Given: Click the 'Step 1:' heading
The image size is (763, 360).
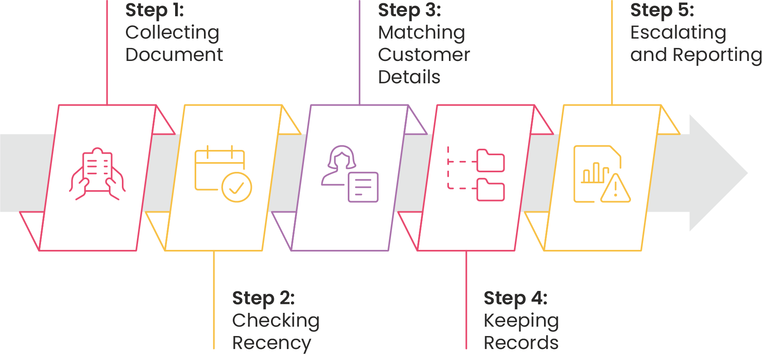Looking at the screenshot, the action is tap(154, 11).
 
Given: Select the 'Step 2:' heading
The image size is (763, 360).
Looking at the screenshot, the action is tap(263, 298).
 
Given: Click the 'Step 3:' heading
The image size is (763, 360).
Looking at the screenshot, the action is tap(409, 11).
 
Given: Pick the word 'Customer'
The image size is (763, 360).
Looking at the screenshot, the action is tap(424, 55).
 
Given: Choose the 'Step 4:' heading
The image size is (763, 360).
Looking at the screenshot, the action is tap(516, 298).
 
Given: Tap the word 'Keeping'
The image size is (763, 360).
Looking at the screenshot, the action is tap(521, 321).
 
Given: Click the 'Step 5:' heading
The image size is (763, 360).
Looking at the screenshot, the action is tap(662, 11).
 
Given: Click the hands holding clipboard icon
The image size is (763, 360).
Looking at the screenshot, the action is tap(98, 174).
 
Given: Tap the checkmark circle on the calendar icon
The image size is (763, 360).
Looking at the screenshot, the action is tap(237, 187).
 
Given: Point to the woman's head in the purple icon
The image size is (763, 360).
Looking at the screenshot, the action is tap(342, 158).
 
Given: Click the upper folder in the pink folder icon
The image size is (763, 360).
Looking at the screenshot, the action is tap(491, 160).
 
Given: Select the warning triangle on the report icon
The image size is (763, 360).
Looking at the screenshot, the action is tap(616, 188).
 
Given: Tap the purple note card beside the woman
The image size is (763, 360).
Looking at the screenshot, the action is tap(363, 187).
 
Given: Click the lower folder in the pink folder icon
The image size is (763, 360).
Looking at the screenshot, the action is tap(491, 190).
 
